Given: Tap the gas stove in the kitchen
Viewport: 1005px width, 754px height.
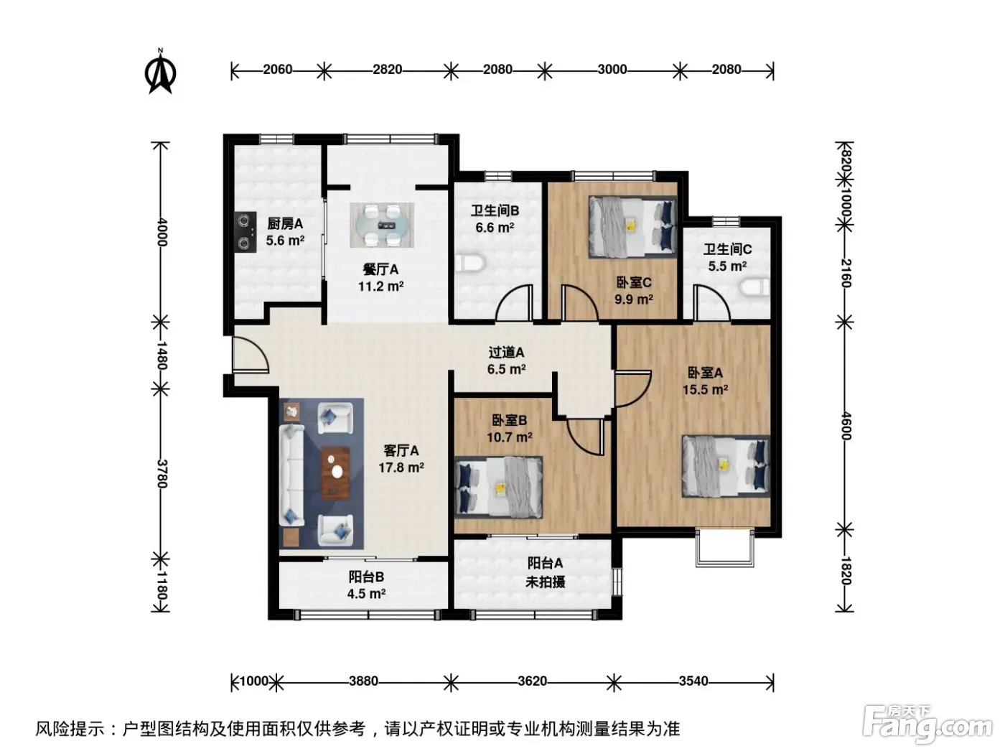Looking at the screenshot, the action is point(246,232).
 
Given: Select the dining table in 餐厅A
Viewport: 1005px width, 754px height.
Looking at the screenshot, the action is point(382,225).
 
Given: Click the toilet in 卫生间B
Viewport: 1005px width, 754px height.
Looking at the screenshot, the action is point(470,264).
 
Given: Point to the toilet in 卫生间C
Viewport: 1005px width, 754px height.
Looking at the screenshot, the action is point(755,287).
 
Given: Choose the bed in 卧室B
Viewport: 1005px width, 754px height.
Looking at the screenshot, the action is point(499,487).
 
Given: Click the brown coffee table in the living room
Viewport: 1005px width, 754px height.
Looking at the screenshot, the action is point(336,473).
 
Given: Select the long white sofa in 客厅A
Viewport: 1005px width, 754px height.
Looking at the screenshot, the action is point(291,475).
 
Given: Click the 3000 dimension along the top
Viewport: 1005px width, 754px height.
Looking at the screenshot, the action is point(612,70).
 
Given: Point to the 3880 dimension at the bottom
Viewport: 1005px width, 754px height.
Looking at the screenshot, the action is point(363,681).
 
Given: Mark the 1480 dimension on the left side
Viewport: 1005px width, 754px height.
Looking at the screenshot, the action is point(162,355).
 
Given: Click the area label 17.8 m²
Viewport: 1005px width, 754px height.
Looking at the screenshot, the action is point(401,467).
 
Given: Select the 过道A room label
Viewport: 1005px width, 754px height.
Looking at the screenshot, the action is point(506,352).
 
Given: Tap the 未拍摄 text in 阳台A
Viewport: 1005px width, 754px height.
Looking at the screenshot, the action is point(545,582).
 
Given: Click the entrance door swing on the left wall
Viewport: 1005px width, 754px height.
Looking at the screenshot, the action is point(251,355).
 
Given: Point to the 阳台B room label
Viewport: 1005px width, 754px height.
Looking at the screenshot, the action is point(366,577).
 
